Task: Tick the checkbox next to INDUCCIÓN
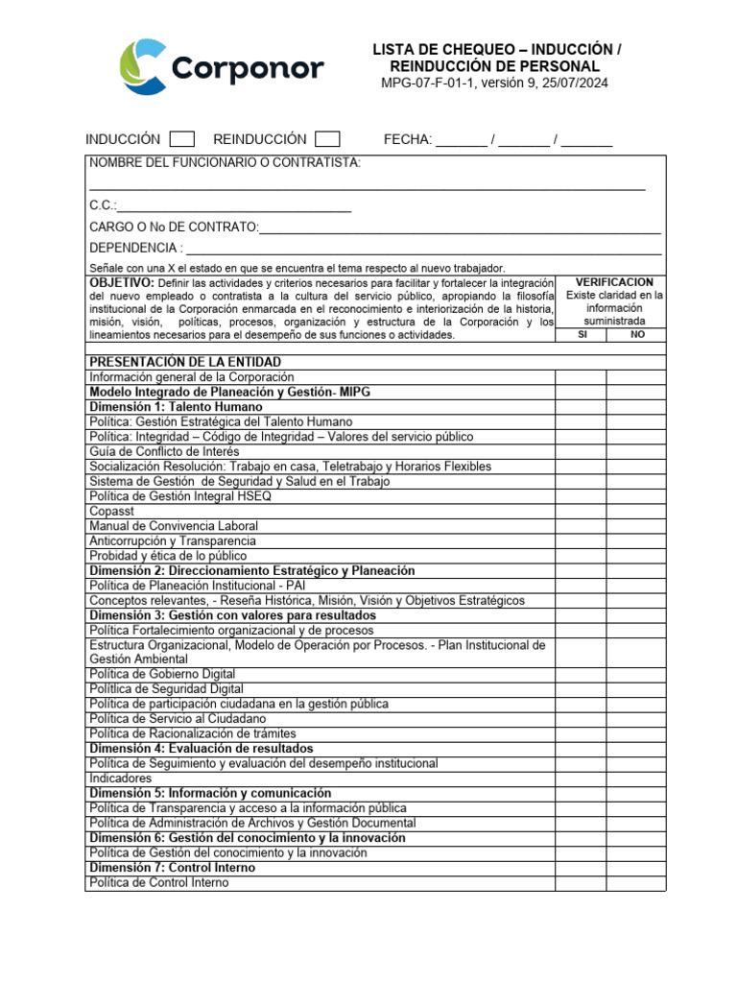pos(181,140)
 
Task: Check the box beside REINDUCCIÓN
pos(327,140)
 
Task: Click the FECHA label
pos(408,140)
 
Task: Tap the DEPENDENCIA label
pos(135,249)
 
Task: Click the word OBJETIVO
pos(121,283)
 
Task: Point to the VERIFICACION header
pos(614,283)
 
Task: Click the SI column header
pos(581,335)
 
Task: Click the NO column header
pos(636,335)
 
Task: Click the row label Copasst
pos(111,511)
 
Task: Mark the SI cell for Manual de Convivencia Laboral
pos(581,526)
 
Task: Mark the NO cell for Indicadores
pos(636,779)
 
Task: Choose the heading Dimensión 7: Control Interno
pos(172,868)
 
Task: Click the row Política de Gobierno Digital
pos(162,674)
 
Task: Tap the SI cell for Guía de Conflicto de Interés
pos(581,451)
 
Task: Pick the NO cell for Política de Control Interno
pos(636,882)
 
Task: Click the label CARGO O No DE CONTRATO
pos(174,228)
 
